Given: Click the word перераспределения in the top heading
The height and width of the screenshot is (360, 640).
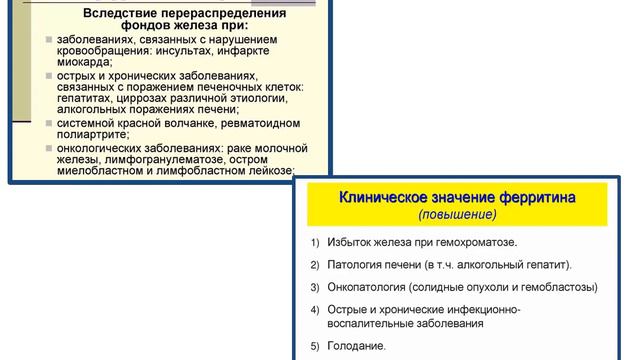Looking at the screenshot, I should coord(222,14).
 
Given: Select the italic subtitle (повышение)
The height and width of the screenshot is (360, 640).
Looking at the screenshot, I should coord(457,214).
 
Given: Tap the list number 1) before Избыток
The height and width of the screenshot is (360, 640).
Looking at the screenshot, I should coord(315,242).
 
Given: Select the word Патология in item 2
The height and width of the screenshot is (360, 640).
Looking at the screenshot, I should coord(357,265).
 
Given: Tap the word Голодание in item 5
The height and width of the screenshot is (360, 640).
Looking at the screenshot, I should coord(356,346).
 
